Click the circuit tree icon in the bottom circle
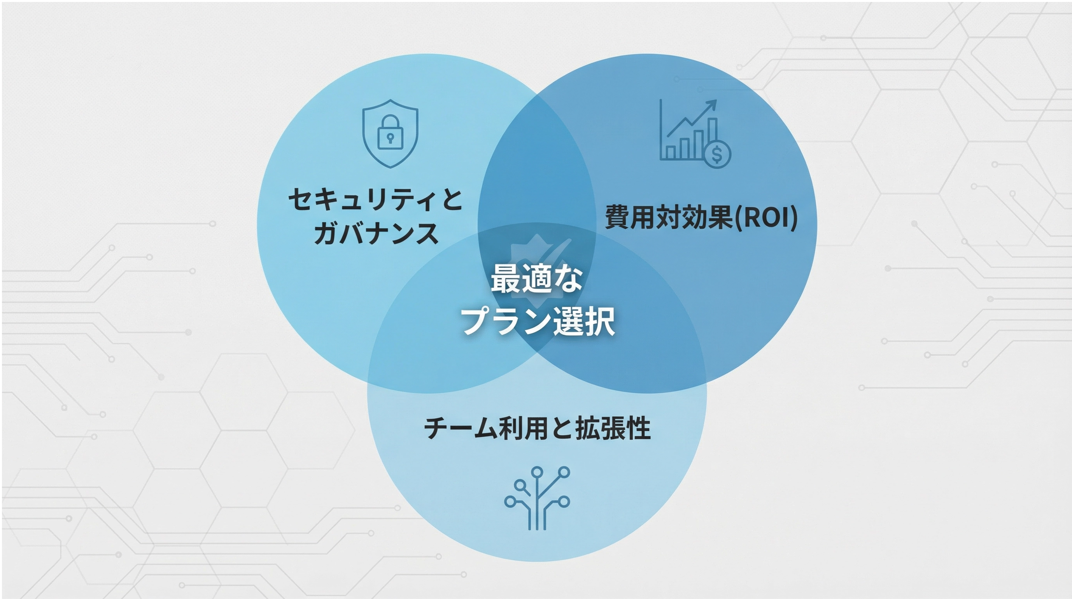coord(537,498)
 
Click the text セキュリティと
coord(375,200)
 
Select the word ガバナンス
coord(376,233)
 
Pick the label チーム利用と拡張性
coord(537,429)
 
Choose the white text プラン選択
coord(538,321)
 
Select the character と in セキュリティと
coord(451,200)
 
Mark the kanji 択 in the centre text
coord(599,321)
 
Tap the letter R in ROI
coord(748,217)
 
